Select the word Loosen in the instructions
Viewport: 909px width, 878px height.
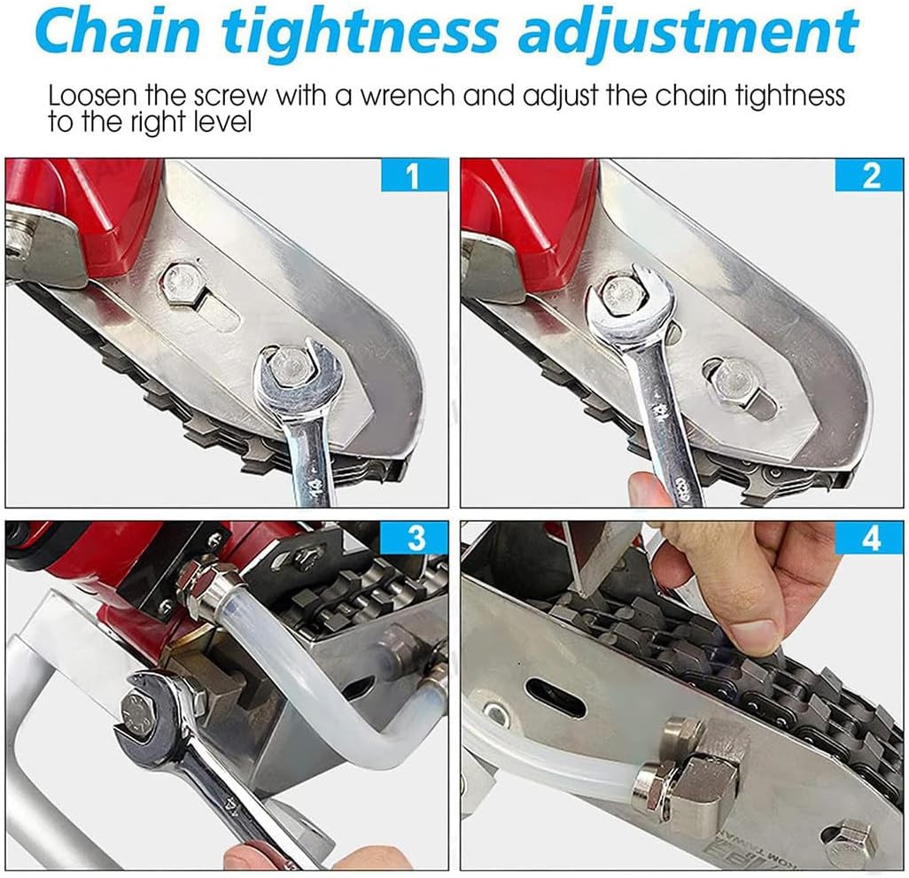coord(93,96)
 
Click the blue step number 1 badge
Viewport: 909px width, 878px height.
coord(414,175)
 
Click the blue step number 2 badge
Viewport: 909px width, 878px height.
coord(869,175)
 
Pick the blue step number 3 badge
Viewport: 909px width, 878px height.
coord(414,537)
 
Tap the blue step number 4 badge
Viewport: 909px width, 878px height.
coord(869,537)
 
